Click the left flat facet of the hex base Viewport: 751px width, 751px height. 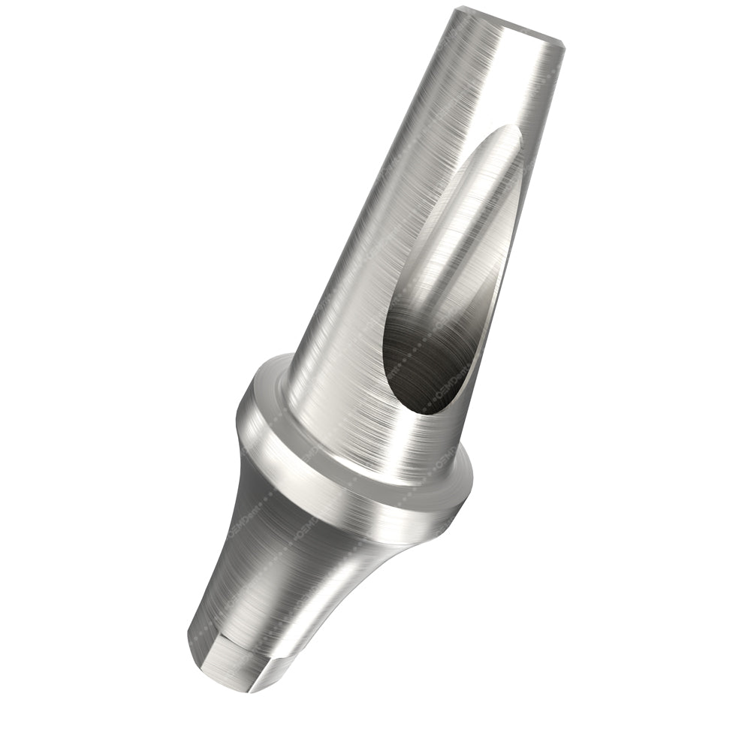click(x=218, y=661)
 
